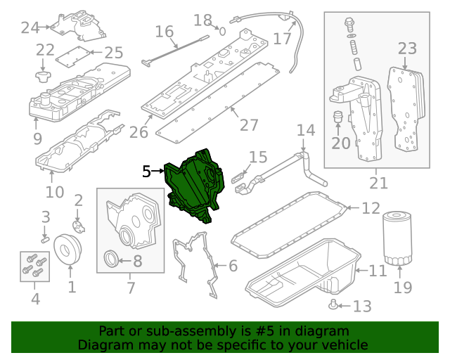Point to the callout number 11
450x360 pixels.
tap(378, 270)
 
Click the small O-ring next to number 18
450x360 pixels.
tap(221, 31)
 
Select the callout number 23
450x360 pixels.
tap(408, 48)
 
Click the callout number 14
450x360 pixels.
tap(306, 130)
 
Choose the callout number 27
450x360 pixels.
tap(249, 124)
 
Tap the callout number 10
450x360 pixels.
tap(55, 191)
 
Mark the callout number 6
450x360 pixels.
tap(233, 266)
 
